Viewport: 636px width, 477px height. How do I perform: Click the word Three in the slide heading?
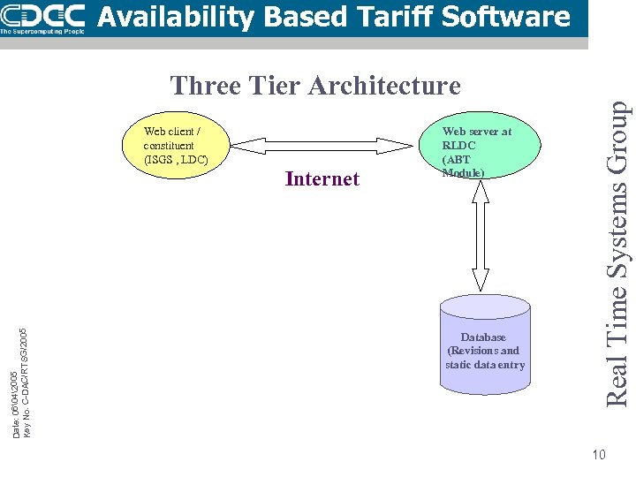[x=206, y=86]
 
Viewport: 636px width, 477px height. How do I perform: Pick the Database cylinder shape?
[x=485, y=344]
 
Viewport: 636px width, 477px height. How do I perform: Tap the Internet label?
[x=322, y=179]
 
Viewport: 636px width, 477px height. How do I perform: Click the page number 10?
[x=599, y=455]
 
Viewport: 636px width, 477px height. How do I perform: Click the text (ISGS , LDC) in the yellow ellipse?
[x=175, y=160]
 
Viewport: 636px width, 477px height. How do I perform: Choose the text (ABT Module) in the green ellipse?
[x=462, y=166]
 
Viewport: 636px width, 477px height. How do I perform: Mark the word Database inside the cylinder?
[x=483, y=337]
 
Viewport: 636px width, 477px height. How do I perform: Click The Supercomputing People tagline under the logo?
[x=42, y=30]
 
